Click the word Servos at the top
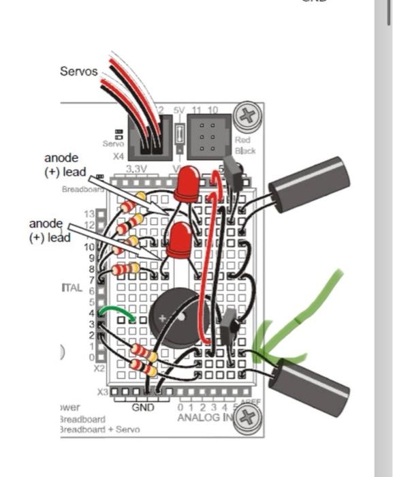(79, 72)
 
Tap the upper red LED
(187, 184)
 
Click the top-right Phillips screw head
(246, 114)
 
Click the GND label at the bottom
(143, 407)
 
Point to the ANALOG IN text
(203, 417)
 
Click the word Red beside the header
(242, 140)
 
